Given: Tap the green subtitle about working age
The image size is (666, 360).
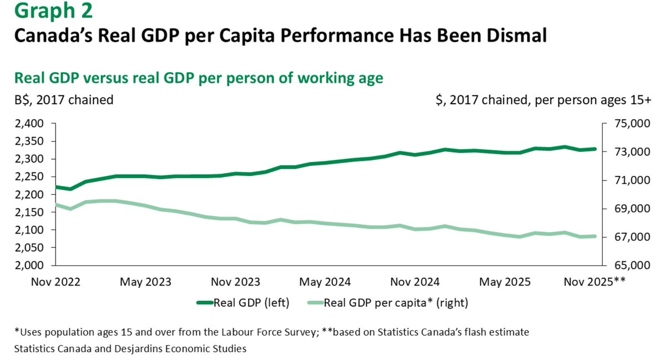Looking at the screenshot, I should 198,78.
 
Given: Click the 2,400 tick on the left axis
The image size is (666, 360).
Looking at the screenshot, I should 34,124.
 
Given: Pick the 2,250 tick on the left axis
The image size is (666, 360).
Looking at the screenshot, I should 34,177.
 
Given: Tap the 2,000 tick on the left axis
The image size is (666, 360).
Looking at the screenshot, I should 34,265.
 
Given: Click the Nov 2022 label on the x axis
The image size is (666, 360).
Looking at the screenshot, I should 56,282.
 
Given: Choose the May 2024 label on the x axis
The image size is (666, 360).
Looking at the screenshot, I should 325,282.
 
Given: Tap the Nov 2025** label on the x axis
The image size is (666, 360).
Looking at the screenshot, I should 593,282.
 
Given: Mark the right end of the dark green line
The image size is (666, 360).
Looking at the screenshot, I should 594,149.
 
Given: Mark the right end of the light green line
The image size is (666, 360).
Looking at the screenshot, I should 594,236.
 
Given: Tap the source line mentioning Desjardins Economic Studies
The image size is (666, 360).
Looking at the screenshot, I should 130,349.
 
